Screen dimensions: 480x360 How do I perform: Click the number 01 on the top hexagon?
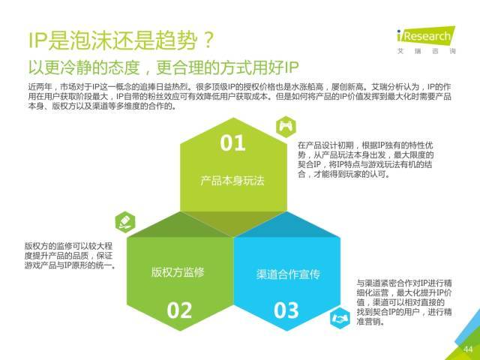click(x=232, y=143)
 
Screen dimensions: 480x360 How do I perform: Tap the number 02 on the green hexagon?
click(x=179, y=310)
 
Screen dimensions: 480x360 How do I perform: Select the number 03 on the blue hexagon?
click(x=286, y=310)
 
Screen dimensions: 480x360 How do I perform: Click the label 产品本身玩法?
click(x=232, y=181)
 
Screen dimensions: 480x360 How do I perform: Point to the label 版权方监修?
click(x=178, y=271)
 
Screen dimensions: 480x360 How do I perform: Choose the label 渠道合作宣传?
click(x=288, y=274)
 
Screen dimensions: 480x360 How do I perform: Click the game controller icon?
click(x=286, y=127)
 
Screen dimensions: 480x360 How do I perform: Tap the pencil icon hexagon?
click(x=125, y=222)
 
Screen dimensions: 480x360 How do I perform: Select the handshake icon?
click(x=340, y=318)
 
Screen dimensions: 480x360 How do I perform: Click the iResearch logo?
click(x=426, y=36)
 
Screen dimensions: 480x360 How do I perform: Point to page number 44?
click(x=468, y=349)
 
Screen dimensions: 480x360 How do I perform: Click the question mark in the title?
click(x=209, y=40)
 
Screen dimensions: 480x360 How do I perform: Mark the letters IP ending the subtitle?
click(x=291, y=67)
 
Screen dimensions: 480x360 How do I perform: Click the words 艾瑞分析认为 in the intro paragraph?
click(x=395, y=87)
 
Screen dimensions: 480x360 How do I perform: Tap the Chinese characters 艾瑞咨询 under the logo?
click(x=427, y=51)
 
